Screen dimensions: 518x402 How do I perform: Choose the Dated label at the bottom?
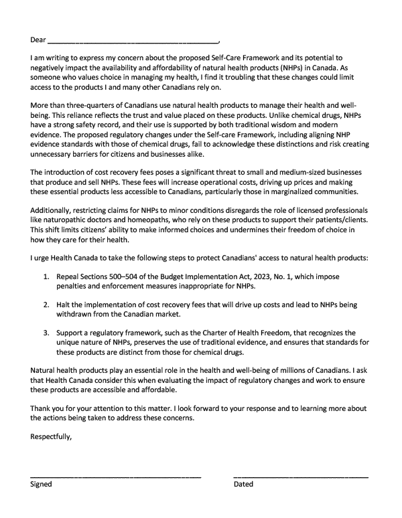coord(243,485)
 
